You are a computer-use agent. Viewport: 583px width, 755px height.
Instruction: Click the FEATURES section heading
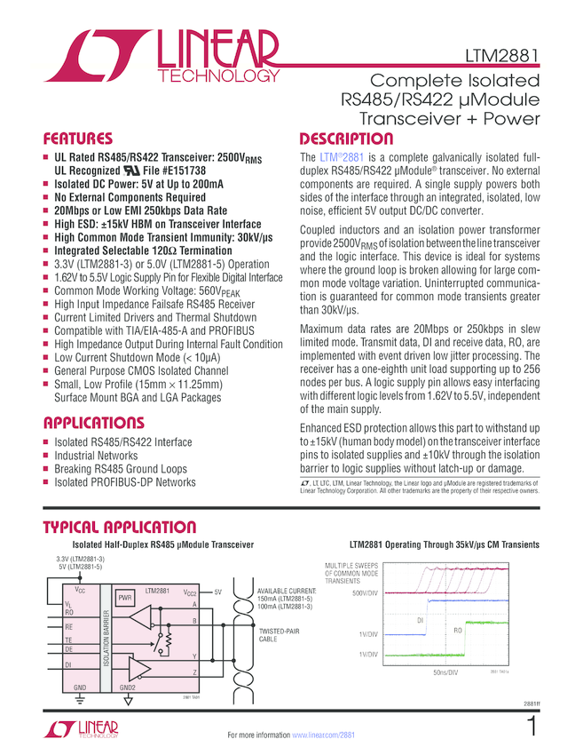(79, 139)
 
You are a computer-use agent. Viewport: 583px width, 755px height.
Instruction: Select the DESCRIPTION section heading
(346, 139)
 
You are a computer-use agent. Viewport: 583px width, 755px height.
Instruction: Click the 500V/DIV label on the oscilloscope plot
(366, 592)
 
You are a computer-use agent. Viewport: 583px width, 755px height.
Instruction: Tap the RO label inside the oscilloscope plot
(459, 630)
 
